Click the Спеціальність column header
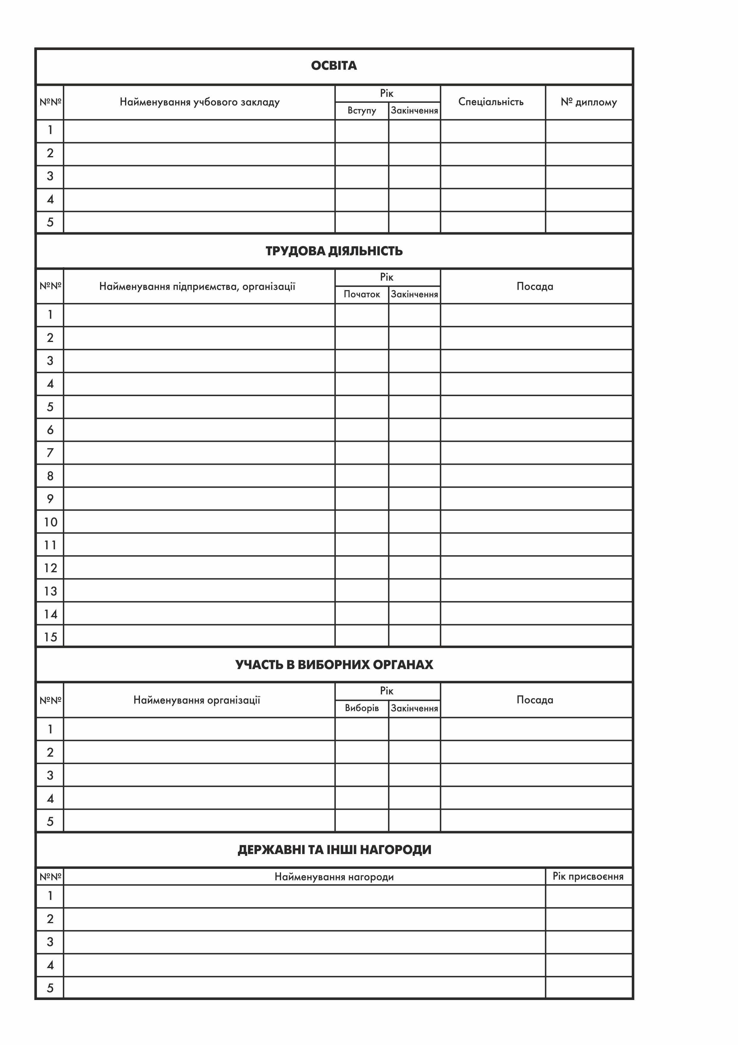491,102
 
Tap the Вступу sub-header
362,111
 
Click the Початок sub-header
362,295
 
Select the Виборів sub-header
362,708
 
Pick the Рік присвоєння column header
588,876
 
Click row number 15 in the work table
50,637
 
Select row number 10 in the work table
50,522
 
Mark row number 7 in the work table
50,453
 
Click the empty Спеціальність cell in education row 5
492,222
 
